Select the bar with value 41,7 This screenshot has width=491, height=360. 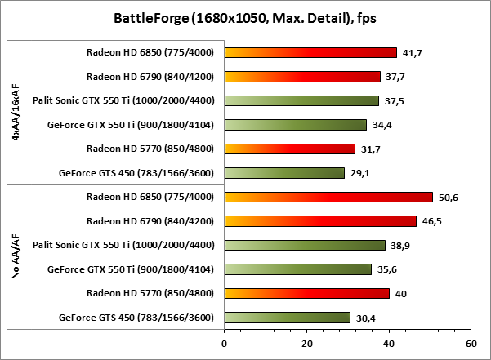310,53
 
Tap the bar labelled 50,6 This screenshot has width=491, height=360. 328,197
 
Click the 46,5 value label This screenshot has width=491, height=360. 430,221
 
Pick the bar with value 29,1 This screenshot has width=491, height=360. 284,173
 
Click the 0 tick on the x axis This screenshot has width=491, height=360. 224,344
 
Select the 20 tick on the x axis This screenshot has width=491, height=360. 306,344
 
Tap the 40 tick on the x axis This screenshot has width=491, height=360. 389,344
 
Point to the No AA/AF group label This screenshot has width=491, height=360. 16,257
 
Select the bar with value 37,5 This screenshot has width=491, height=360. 301,101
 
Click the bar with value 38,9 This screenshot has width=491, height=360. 304,245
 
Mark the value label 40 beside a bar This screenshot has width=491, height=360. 400,293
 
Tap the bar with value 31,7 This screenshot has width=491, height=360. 289,149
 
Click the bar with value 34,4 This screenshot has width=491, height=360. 295,125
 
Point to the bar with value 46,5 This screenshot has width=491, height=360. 320,221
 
